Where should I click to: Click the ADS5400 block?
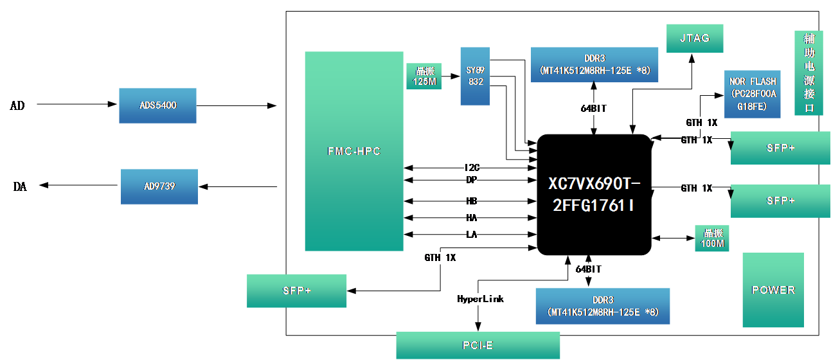[x=157, y=105]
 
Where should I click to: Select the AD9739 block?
[x=159, y=186]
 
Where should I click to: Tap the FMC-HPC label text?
[x=353, y=152]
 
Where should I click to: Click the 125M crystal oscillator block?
[x=424, y=76]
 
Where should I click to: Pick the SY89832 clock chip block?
[x=475, y=76]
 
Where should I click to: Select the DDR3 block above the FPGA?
[x=594, y=64]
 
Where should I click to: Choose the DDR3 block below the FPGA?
[x=602, y=306]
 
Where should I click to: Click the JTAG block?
[x=695, y=39]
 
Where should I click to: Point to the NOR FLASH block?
[x=753, y=94]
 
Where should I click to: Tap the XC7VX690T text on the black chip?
[x=594, y=184]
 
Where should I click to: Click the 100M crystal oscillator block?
[x=712, y=239]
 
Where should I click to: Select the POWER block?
[x=773, y=290]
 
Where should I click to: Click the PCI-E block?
[x=478, y=346]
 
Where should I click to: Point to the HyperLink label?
[x=480, y=299]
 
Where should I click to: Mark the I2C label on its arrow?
[x=472, y=168]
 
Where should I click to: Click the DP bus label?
[x=472, y=180]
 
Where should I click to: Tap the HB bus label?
[x=472, y=201]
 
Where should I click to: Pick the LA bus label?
[x=472, y=235]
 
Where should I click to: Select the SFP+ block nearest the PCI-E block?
[x=296, y=291]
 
